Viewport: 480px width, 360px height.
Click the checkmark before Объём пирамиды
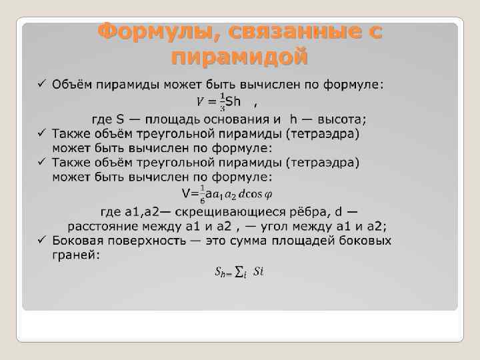[41, 85]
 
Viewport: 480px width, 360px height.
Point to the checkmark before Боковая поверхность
[41, 241]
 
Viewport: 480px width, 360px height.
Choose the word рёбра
[309, 213]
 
